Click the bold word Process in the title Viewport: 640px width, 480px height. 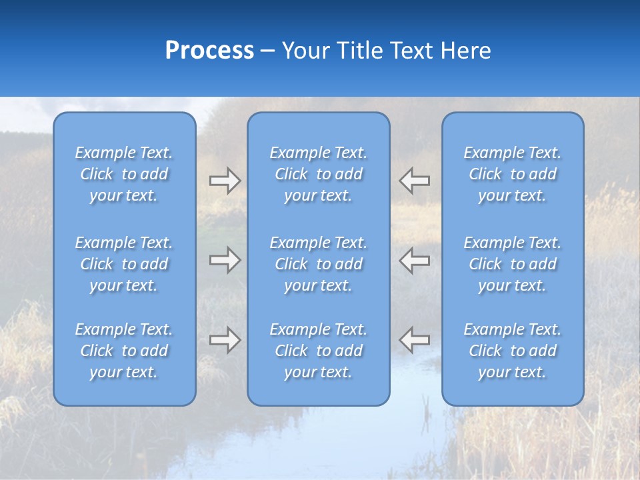209,51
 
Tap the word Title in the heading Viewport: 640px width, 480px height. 357,51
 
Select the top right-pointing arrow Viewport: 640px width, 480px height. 225,181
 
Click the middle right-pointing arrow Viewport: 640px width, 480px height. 225,260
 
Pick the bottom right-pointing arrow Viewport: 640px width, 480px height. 225,340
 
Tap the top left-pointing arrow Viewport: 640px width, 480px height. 414,181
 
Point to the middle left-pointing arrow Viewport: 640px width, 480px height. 414,260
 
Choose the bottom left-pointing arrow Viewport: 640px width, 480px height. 414,340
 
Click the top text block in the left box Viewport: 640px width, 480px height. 124,174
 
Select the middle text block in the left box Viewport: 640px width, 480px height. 124,264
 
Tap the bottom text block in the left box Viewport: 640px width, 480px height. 124,351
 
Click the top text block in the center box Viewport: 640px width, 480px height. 319,174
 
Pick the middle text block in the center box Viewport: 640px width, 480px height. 319,264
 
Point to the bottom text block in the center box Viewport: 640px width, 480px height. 319,351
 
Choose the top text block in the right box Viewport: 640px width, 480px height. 513,174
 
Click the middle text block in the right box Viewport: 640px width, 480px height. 513,264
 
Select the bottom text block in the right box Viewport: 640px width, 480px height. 513,351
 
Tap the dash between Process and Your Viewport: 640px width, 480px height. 268,51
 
